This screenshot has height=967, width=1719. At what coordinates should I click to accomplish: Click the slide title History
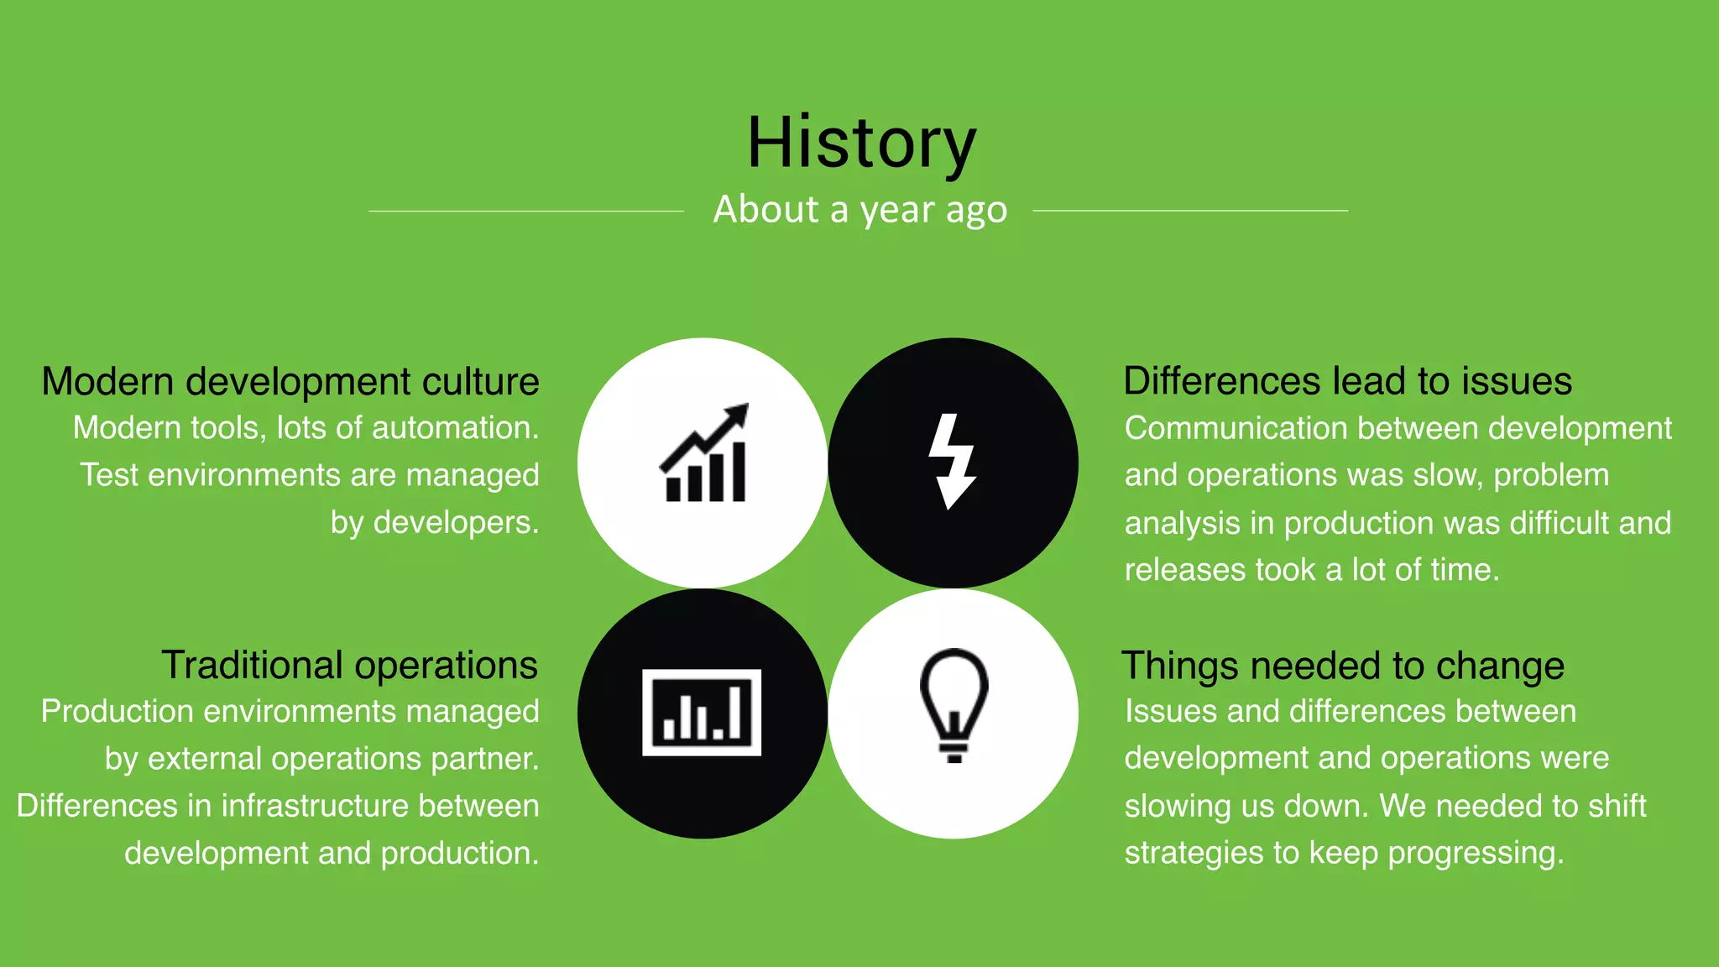click(861, 143)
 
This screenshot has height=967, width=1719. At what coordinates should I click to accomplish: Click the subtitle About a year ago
click(859, 210)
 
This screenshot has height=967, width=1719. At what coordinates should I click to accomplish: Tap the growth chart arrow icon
click(703, 454)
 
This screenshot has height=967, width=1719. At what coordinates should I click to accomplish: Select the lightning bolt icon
click(952, 461)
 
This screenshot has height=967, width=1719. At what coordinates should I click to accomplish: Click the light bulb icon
click(954, 705)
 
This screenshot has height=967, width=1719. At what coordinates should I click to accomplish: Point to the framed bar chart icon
click(702, 713)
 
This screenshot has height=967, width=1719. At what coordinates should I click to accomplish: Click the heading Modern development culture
click(290, 382)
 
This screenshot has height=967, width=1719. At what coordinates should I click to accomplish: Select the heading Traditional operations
click(349, 666)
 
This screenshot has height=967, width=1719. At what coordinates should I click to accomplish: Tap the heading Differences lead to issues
click(1347, 382)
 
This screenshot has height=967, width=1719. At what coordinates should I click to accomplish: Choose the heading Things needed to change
click(1343, 666)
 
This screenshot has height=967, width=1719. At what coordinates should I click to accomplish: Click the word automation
click(455, 428)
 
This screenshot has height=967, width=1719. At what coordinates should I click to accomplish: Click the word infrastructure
click(315, 806)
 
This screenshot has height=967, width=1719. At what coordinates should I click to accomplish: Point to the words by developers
click(435, 523)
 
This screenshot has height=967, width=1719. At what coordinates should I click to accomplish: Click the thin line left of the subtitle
click(526, 211)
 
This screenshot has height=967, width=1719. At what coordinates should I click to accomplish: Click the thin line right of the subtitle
click(1190, 211)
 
